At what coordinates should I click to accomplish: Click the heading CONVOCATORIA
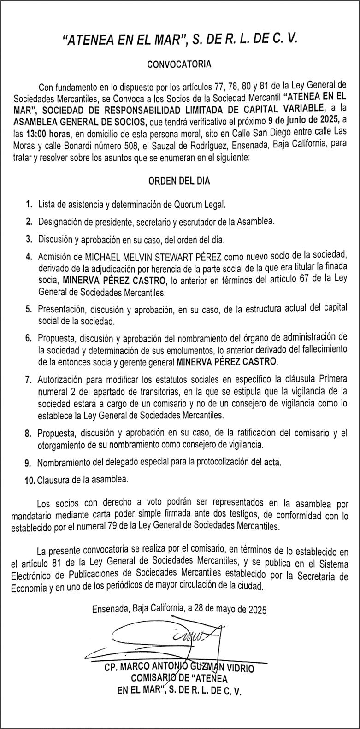point(179,65)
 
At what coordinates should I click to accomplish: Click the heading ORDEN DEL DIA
point(179,181)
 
